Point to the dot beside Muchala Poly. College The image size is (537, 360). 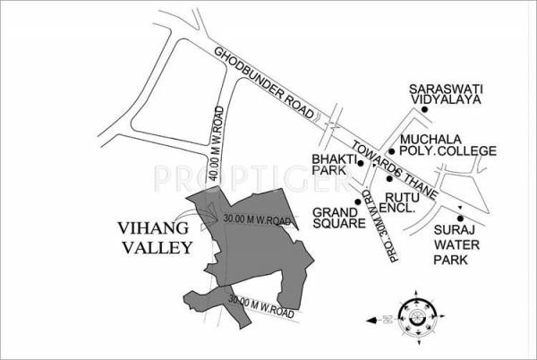(x=391, y=151)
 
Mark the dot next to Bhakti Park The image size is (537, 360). (x=359, y=164)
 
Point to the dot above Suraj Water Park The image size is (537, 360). (x=460, y=219)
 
